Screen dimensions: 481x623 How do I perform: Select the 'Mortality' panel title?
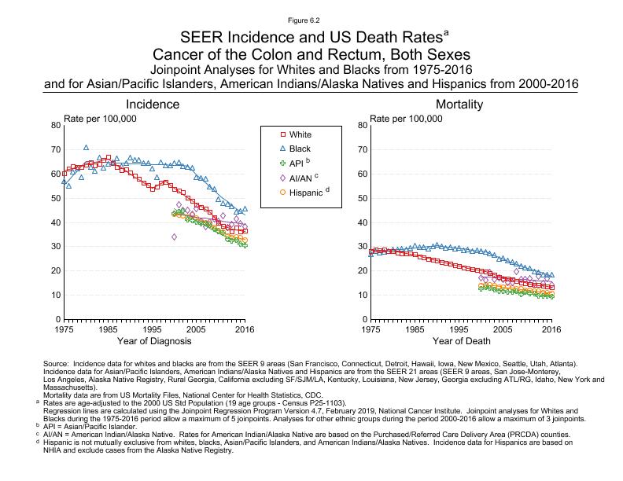pos(460,105)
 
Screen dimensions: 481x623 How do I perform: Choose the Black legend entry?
pos(300,149)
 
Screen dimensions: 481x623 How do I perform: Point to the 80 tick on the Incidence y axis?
pos(54,125)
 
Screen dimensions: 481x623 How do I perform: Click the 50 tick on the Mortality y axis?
pos(362,198)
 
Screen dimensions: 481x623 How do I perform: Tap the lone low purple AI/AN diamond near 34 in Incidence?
pos(174,237)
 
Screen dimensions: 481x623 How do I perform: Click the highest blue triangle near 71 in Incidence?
pos(87,147)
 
